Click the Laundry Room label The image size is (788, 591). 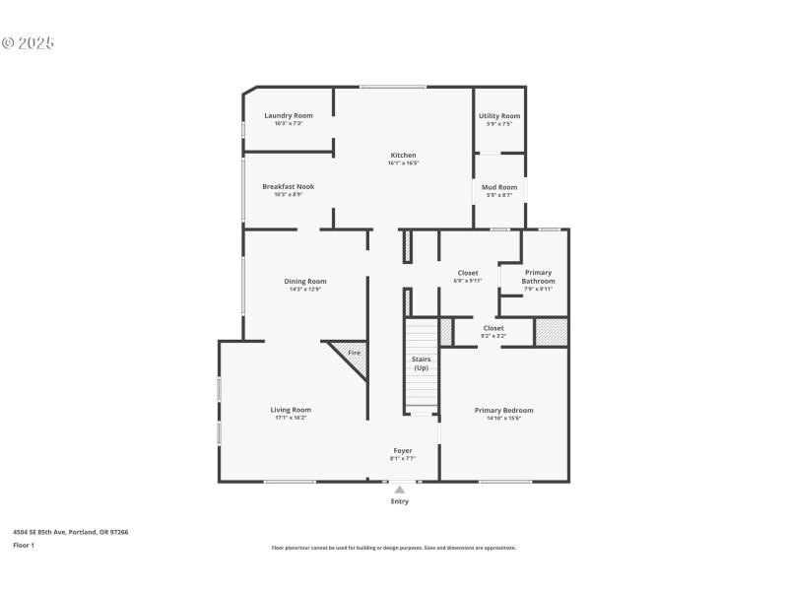click(x=289, y=115)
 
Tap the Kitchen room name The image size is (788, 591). click(x=403, y=155)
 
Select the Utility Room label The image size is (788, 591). click(x=499, y=115)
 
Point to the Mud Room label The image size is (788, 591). click(x=499, y=187)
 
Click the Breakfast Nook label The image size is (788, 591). click(x=289, y=186)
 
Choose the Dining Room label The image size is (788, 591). click(x=305, y=281)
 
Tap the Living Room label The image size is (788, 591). click(x=291, y=410)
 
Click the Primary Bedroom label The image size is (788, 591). click(x=503, y=410)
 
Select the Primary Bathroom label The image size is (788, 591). click(x=538, y=277)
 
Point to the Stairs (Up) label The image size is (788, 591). click(x=421, y=363)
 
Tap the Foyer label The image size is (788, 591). click(x=403, y=450)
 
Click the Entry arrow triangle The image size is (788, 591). click(x=400, y=489)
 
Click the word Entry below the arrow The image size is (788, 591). click(x=400, y=501)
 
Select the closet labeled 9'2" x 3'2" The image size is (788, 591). click(x=493, y=332)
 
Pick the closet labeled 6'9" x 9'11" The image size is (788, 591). click(x=468, y=276)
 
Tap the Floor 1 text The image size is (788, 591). click(x=24, y=545)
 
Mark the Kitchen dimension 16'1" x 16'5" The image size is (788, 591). click(x=403, y=163)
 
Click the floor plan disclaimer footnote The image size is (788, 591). click(x=394, y=548)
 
